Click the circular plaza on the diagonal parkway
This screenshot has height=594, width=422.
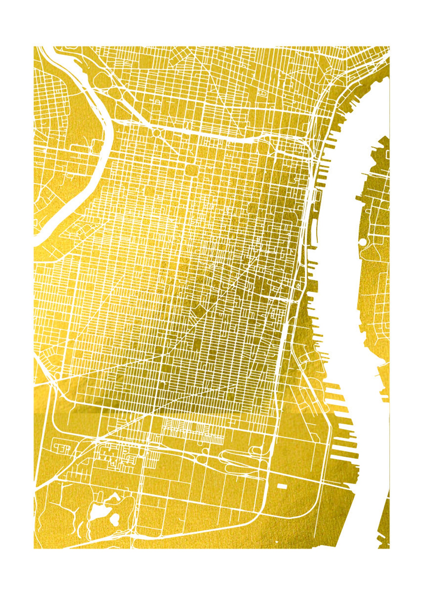(157, 132)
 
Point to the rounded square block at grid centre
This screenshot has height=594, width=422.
(190, 169)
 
